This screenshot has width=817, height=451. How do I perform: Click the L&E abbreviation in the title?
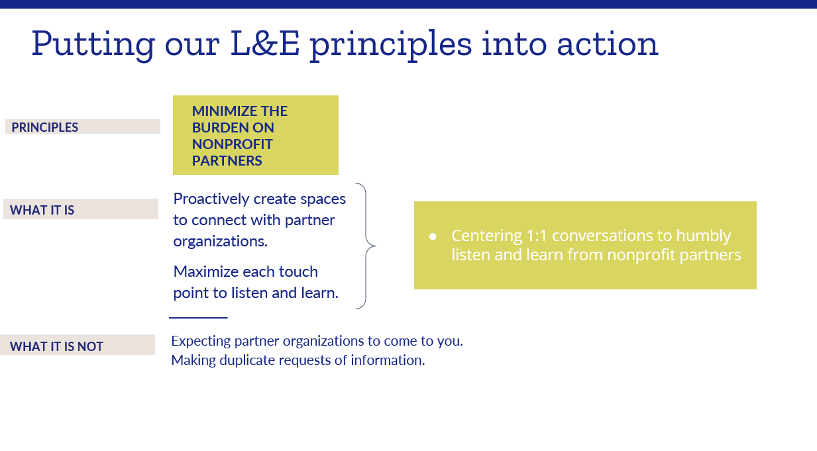[265, 44]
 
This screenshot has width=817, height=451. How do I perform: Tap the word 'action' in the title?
[607, 44]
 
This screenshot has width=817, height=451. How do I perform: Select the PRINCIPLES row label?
[44, 127]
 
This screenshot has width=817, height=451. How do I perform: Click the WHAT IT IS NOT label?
[56, 346]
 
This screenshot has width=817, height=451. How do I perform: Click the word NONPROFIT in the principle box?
[232, 144]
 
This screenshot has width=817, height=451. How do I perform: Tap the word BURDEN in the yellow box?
[217, 128]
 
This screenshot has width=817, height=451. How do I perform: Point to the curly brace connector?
[366, 246]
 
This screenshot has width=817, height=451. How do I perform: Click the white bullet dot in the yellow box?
[433, 236]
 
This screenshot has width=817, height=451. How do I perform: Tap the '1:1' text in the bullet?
[537, 236]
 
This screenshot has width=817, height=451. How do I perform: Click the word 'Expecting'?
[201, 341]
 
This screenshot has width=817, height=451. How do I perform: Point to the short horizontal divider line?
[198, 318]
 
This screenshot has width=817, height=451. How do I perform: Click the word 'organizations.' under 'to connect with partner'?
[220, 242]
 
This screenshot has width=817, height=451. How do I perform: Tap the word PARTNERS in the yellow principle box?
[227, 161]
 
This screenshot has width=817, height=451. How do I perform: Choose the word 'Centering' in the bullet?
[486, 236]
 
